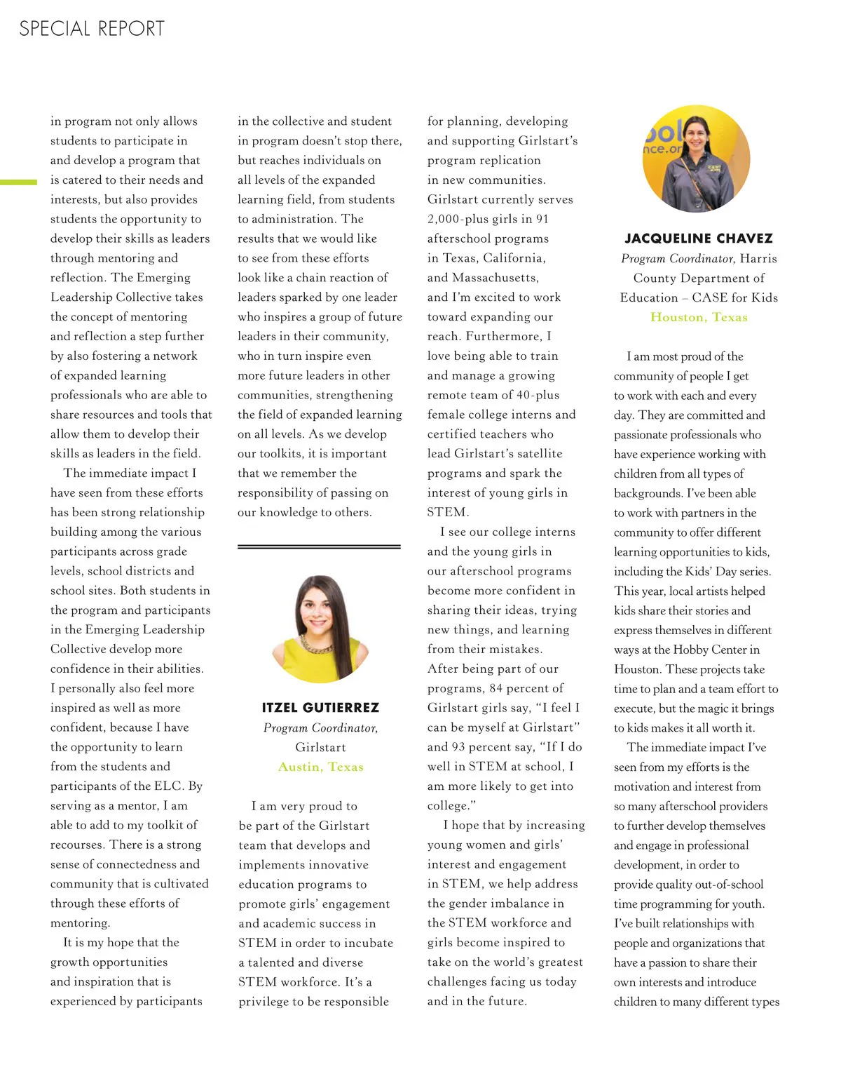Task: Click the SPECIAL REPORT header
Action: (x=92, y=29)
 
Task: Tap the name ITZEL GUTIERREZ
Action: (x=320, y=708)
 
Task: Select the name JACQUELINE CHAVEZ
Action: (x=699, y=239)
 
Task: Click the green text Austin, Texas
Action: (x=320, y=767)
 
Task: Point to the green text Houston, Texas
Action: (x=699, y=317)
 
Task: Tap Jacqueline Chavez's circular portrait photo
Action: (x=696, y=159)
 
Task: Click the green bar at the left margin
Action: (x=18, y=182)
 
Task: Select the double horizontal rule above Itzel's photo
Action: (x=319, y=546)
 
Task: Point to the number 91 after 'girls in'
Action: (x=542, y=220)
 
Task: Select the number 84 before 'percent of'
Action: (x=496, y=689)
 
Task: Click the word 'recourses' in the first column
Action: (x=76, y=845)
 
